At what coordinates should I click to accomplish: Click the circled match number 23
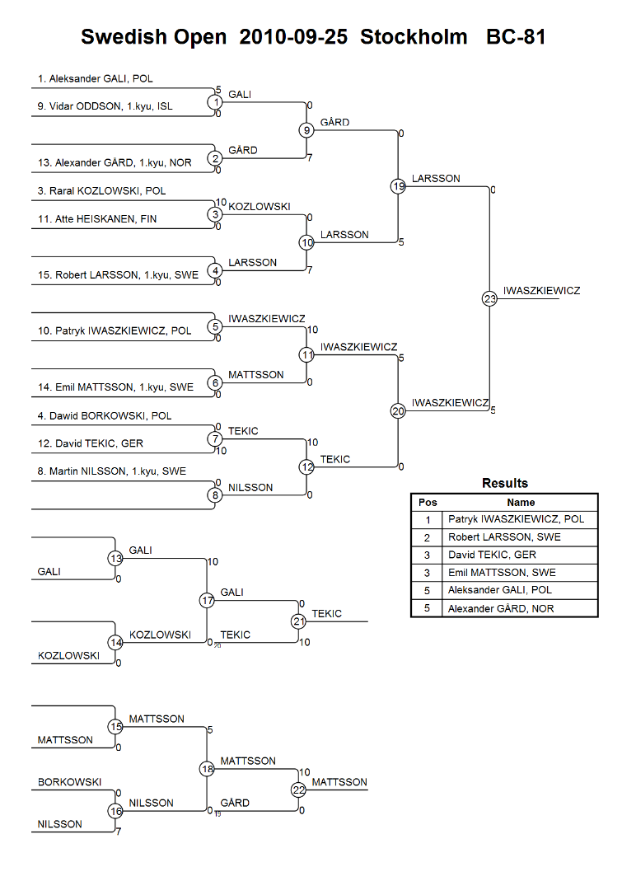[489, 298]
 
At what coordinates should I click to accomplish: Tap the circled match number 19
[398, 186]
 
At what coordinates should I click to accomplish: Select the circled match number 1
[215, 102]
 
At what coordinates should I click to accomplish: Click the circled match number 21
[298, 621]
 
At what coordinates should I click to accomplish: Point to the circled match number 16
[115, 811]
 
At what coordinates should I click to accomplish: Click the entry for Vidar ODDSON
[105, 106]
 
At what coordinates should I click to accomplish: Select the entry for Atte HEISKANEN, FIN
[97, 218]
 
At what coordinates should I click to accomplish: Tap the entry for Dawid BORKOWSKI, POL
[105, 416]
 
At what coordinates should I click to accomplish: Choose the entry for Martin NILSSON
[112, 471]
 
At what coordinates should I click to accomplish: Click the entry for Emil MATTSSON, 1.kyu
[115, 387]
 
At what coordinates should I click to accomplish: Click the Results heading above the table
[504, 483]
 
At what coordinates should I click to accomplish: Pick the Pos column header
[428, 502]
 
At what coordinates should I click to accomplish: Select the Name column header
[521, 502]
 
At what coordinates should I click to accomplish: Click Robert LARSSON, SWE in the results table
[504, 537]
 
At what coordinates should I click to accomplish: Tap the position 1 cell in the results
[428, 520]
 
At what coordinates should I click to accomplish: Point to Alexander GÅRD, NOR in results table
[501, 608]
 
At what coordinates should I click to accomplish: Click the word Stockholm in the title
[414, 36]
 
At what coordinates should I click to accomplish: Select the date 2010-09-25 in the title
[293, 36]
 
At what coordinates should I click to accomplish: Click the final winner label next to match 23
[541, 290]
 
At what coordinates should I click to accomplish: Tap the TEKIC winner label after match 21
[326, 613]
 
